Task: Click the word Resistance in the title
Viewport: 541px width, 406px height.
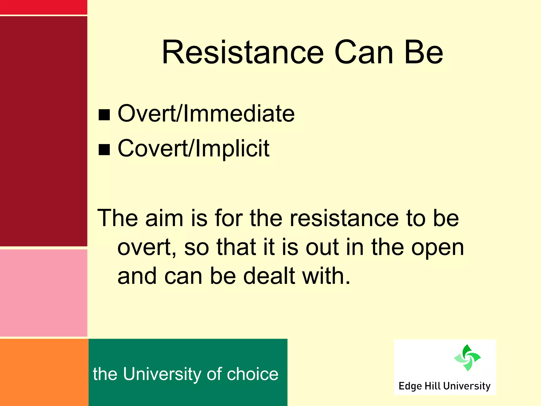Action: pos(242,52)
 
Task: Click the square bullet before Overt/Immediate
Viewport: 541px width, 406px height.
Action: pos(104,115)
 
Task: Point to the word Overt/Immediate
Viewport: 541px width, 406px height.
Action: pos(206,114)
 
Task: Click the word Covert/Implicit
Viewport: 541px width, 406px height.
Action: pos(193,149)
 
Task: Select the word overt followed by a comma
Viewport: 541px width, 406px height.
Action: pos(146,248)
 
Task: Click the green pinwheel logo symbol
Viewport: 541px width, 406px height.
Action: pos(467,358)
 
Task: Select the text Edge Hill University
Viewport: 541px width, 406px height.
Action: pos(444,386)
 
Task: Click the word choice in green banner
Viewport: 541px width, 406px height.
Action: pos(253,374)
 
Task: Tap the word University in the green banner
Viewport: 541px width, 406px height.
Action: pos(162,374)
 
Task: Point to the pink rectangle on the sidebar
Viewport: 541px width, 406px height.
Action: pos(44,293)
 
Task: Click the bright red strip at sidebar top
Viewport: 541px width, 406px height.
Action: pos(44,7)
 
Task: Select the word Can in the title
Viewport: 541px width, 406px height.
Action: pos(364,52)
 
